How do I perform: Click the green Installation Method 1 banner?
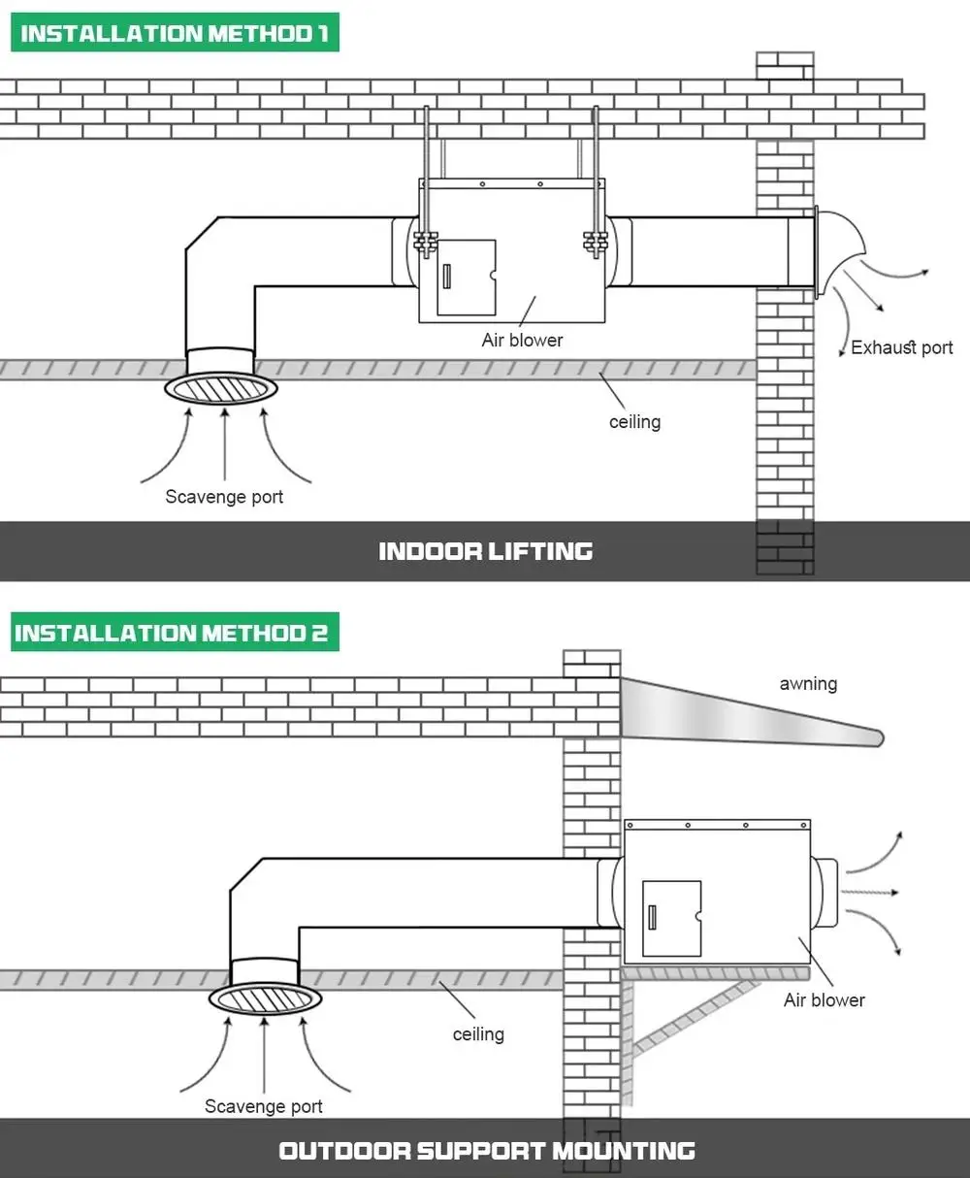coord(175,32)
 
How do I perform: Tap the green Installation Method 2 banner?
coord(175,632)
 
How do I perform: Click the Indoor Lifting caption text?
coord(486,551)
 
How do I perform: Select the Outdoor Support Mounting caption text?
coord(487,1151)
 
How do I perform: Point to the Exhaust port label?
coord(901,347)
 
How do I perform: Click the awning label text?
coord(808,684)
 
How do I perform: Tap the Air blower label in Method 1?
coord(522,341)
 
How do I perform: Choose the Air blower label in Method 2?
coord(824,1000)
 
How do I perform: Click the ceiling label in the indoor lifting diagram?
coord(635,422)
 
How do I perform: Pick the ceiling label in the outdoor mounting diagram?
coord(478,1034)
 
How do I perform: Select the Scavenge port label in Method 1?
coord(224,497)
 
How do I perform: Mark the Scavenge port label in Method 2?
coord(264,1106)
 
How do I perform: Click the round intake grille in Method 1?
coord(220,389)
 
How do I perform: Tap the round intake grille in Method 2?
coord(265,998)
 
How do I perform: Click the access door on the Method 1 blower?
coord(467,278)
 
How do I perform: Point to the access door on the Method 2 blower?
coord(671,919)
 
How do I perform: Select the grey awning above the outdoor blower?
coord(752,713)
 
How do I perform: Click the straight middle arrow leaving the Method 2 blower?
coord(870,893)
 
